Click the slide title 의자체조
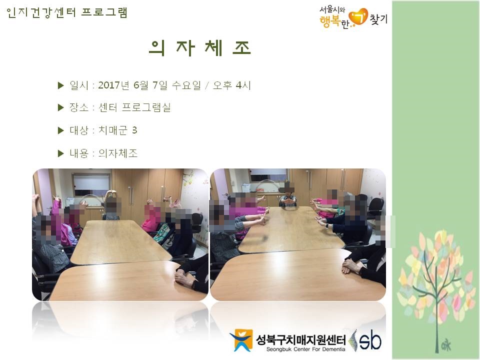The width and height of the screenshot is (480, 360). point(200,48)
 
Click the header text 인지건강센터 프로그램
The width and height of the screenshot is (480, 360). point(66,12)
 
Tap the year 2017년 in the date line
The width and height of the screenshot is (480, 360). point(113,85)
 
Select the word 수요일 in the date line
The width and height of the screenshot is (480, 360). point(186,85)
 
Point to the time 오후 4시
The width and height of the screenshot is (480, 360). point(231,85)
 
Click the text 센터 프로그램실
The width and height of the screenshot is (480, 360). point(134,107)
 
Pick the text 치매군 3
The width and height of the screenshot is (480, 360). point(117,130)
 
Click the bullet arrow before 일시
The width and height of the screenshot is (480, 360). point(60,85)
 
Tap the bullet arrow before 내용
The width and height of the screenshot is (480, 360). point(60,153)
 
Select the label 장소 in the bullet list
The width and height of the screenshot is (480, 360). point(78,107)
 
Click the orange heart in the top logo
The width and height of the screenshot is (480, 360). point(358,17)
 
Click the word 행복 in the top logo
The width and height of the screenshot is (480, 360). point(330,21)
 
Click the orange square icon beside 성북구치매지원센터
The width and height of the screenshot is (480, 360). point(241,340)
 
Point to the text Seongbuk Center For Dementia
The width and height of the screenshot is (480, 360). point(305,349)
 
